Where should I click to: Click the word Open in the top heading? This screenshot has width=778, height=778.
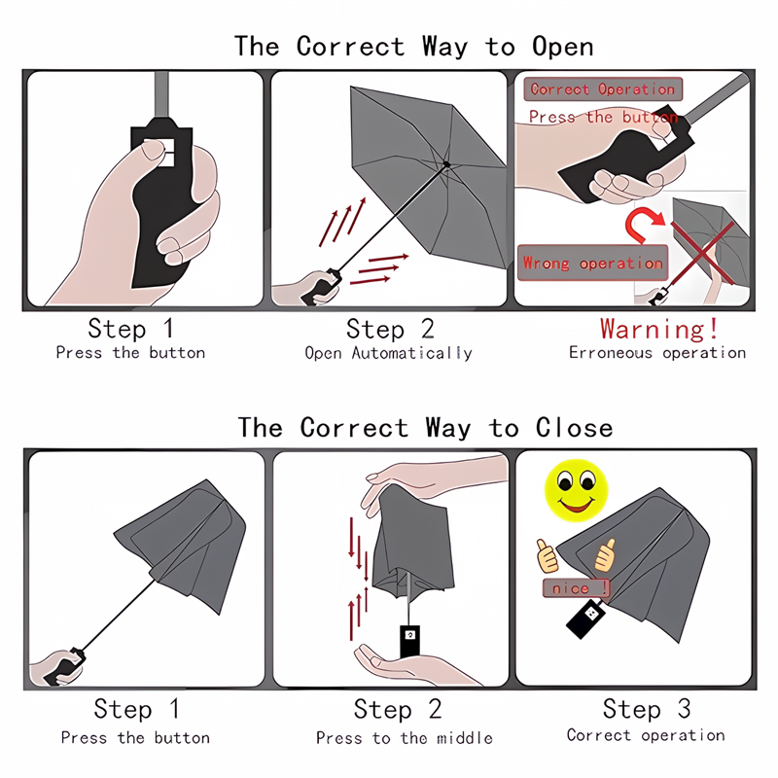pos(563,47)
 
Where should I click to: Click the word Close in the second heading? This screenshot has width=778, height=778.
pos(574,428)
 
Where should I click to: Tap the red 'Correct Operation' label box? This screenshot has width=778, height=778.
pos(603,89)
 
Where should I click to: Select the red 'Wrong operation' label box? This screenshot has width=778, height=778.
pos(592,263)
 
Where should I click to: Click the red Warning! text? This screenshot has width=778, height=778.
pos(659,329)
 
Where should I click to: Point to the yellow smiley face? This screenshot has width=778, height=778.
pos(576,490)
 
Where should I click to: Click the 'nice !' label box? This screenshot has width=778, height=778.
pos(576,588)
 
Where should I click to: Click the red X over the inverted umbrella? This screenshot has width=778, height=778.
pos(702,253)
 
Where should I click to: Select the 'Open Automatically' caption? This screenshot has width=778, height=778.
pos(388,353)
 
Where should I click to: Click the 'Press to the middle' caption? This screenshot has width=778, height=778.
pos(404,738)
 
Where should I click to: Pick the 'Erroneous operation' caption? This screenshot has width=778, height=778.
pos(657,353)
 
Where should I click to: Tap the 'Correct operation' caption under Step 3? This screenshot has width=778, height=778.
pos(646,735)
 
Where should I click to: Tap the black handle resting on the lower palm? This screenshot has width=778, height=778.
pos(409,641)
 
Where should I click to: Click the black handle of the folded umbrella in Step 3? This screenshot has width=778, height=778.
pos(586,619)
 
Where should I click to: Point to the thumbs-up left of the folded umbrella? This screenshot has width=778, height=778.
pos(548,555)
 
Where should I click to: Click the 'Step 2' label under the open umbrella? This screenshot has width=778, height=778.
pos(390,329)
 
